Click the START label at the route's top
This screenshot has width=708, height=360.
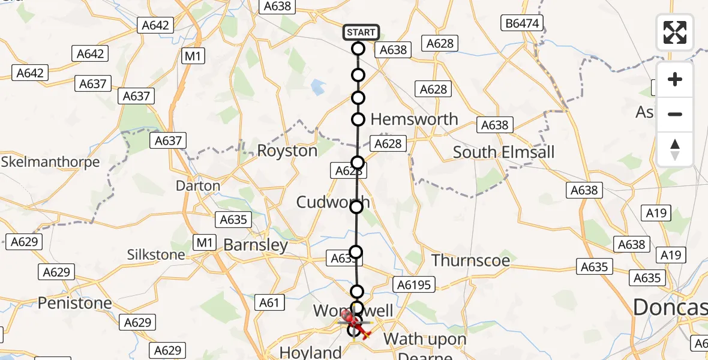[361, 32]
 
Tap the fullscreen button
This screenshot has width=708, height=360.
[675, 32]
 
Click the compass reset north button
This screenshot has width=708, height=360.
[675, 149]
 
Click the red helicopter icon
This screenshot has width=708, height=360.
[353, 322]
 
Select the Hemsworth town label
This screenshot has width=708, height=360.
[414, 119]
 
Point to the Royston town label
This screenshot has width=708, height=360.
[287, 151]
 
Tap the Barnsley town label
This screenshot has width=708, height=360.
[256, 245]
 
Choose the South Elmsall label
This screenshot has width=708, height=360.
[504, 152]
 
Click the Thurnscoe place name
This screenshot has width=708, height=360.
[471, 260]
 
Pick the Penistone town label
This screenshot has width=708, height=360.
[75, 303]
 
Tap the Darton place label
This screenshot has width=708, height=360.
[198, 186]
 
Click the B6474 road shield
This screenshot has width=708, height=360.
[521, 23]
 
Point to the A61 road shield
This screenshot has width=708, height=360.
[269, 303]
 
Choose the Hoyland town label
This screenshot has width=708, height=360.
[311, 352]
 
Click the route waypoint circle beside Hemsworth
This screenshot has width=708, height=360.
[358, 119]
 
